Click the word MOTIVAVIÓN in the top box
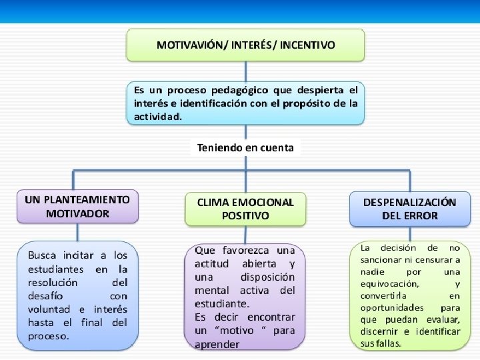(189, 45)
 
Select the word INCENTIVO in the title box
(307, 45)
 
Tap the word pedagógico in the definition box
(226, 89)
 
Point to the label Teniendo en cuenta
(245, 148)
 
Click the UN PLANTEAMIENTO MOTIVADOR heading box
(77, 207)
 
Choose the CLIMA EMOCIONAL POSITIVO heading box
(245, 209)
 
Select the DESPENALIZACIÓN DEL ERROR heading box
(409, 209)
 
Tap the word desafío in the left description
(45, 295)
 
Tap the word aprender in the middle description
(217, 345)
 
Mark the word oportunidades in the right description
(392, 307)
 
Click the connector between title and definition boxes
(245, 71)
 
